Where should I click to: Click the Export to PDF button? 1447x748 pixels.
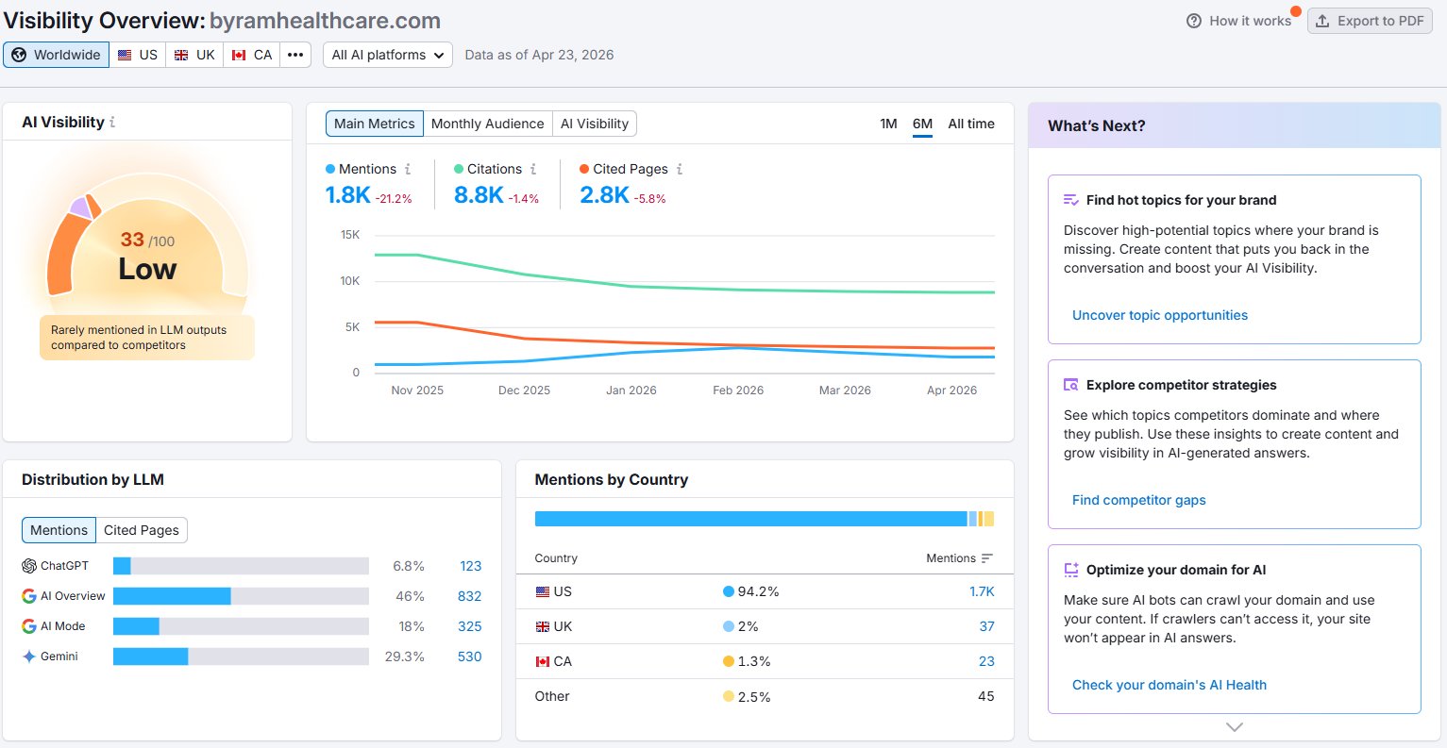1370,21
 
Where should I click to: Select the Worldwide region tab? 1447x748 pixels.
57,55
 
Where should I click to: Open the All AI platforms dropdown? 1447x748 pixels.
388,55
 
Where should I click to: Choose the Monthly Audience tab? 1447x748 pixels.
488,124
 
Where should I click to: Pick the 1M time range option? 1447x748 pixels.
888,124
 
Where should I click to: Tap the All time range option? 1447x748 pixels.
971,124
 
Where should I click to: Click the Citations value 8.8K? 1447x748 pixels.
478,195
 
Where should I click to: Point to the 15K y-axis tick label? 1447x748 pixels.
350,235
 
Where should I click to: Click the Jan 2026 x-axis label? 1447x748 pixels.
631,390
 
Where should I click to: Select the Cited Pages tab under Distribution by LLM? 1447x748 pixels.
142,530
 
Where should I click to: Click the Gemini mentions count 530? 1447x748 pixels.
470,657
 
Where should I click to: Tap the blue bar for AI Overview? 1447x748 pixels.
172,596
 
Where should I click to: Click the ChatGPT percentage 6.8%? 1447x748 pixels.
409,566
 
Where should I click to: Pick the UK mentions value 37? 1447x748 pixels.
986,626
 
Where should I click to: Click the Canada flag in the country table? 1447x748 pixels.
543,661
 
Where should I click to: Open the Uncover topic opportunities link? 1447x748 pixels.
1159,315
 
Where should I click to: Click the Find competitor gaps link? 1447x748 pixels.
1139,500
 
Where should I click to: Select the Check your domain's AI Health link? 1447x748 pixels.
1169,685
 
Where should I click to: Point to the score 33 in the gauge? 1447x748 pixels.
132,240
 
